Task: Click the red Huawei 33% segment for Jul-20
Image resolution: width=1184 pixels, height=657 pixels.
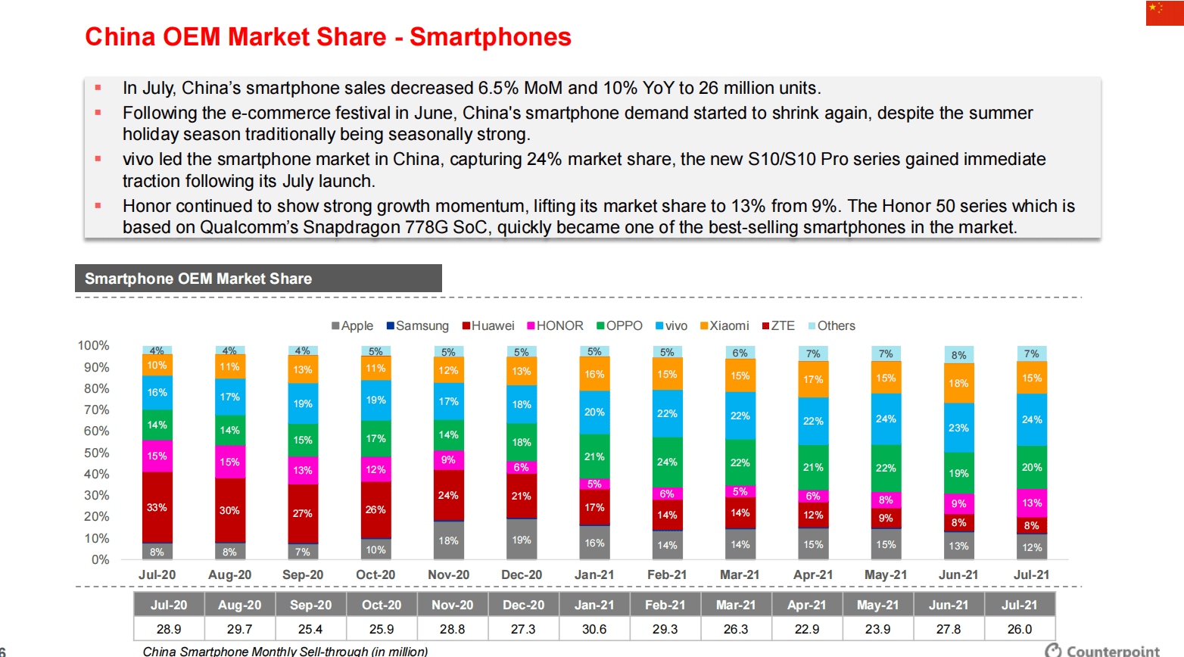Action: [157, 507]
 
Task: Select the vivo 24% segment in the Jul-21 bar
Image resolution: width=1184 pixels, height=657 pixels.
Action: [1031, 419]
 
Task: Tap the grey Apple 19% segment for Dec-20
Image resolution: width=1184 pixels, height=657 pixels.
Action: [522, 540]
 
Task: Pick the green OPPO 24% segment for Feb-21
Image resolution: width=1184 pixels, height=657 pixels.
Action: [667, 462]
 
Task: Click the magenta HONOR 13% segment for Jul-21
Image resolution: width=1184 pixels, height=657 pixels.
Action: [1031, 503]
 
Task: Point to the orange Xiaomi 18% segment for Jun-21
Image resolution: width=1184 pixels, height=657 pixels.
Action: [958, 383]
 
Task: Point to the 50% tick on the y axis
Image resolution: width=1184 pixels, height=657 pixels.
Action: [96, 453]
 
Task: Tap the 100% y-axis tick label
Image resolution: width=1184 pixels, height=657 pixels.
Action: [94, 345]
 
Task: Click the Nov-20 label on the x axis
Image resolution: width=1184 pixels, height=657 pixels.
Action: [448, 574]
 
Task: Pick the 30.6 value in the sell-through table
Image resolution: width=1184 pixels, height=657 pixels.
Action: [594, 629]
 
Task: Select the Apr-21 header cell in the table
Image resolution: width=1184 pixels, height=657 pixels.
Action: [807, 605]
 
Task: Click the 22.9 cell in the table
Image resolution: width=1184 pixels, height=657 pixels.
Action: [807, 629]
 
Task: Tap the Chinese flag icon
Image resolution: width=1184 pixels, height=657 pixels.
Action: [1164, 13]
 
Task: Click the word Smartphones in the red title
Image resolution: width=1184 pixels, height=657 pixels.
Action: [491, 37]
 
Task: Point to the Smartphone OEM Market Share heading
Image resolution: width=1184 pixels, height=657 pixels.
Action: [198, 279]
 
